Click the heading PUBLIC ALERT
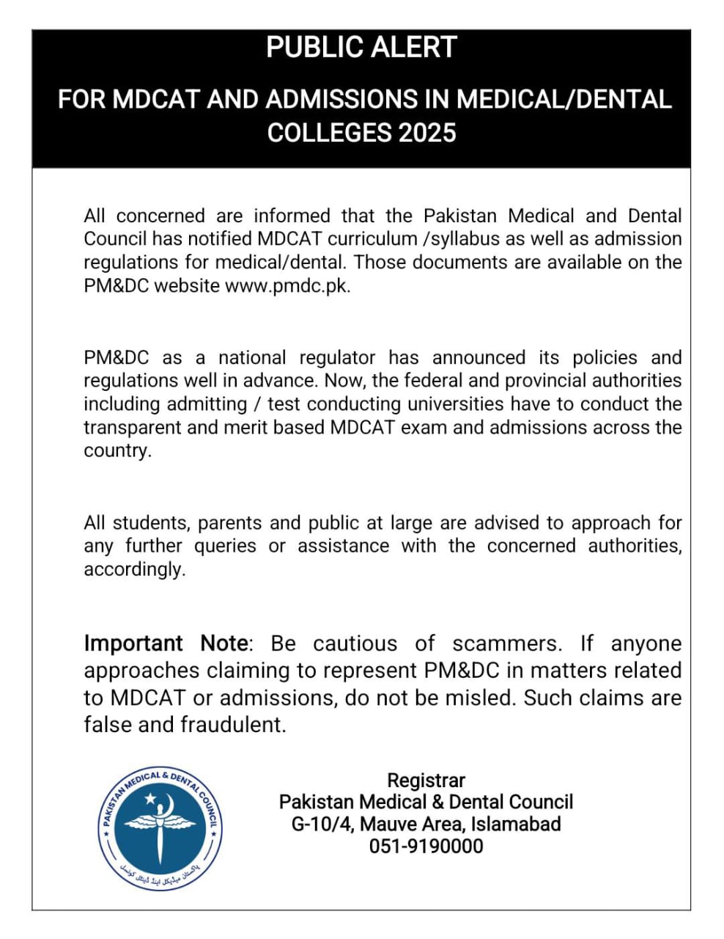click(x=361, y=48)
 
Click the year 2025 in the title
click(x=427, y=133)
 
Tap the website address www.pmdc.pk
click(x=287, y=286)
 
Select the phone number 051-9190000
click(x=426, y=847)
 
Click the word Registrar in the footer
click(x=426, y=781)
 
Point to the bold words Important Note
click(x=166, y=643)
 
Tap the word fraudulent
click(x=232, y=725)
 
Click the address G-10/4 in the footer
click(x=321, y=825)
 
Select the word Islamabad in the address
click(x=515, y=825)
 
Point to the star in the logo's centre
click(x=150, y=797)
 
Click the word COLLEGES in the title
click(x=329, y=133)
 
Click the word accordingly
click(x=134, y=570)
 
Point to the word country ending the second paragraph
click(x=117, y=451)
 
